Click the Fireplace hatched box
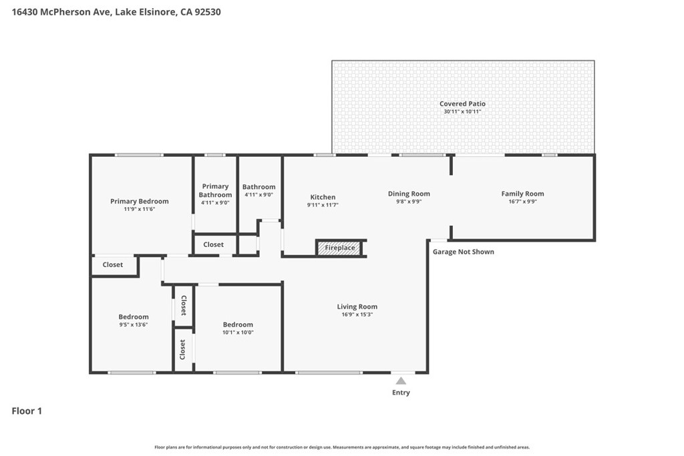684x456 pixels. tap(340, 248)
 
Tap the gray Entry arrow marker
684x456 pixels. tap(401, 381)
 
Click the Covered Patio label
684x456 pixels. tap(462, 103)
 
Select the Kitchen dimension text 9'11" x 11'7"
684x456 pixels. tap(323, 205)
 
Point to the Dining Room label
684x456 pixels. tap(409, 194)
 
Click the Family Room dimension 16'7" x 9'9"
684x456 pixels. tap(522, 202)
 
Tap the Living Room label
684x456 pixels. tap(357, 306)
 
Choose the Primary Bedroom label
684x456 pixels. tap(140, 202)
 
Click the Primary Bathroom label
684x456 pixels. tap(216, 190)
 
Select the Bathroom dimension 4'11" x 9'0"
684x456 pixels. tap(259, 195)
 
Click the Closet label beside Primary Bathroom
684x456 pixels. tap(213, 244)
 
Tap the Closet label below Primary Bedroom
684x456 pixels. tap(112, 264)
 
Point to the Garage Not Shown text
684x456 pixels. tap(464, 252)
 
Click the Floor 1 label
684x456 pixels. tap(27, 411)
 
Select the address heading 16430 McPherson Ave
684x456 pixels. tap(62, 12)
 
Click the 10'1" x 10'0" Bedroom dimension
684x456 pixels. tap(238, 332)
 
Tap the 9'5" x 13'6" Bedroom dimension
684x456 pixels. tap(134, 324)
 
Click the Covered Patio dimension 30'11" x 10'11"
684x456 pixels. tap(462, 111)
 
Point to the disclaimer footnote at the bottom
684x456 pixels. tap(342, 447)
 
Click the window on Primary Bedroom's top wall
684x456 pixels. tap(139, 155)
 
